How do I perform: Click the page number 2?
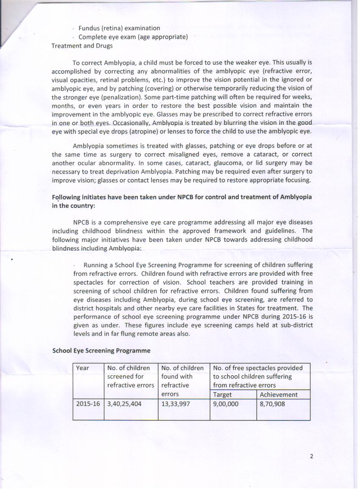point(312,457)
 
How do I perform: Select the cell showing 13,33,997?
point(176,404)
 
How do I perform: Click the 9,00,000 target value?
point(226,404)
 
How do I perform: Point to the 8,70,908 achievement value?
point(272,404)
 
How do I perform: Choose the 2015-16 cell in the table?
point(88,404)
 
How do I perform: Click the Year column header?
point(82,368)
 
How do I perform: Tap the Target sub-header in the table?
point(222,395)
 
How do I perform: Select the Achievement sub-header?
point(278,395)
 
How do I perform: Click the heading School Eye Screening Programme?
point(101,350)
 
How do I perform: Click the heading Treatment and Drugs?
point(82,46)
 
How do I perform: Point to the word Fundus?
point(89,28)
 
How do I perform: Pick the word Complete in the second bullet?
point(93,37)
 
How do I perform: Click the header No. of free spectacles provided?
point(258,368)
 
